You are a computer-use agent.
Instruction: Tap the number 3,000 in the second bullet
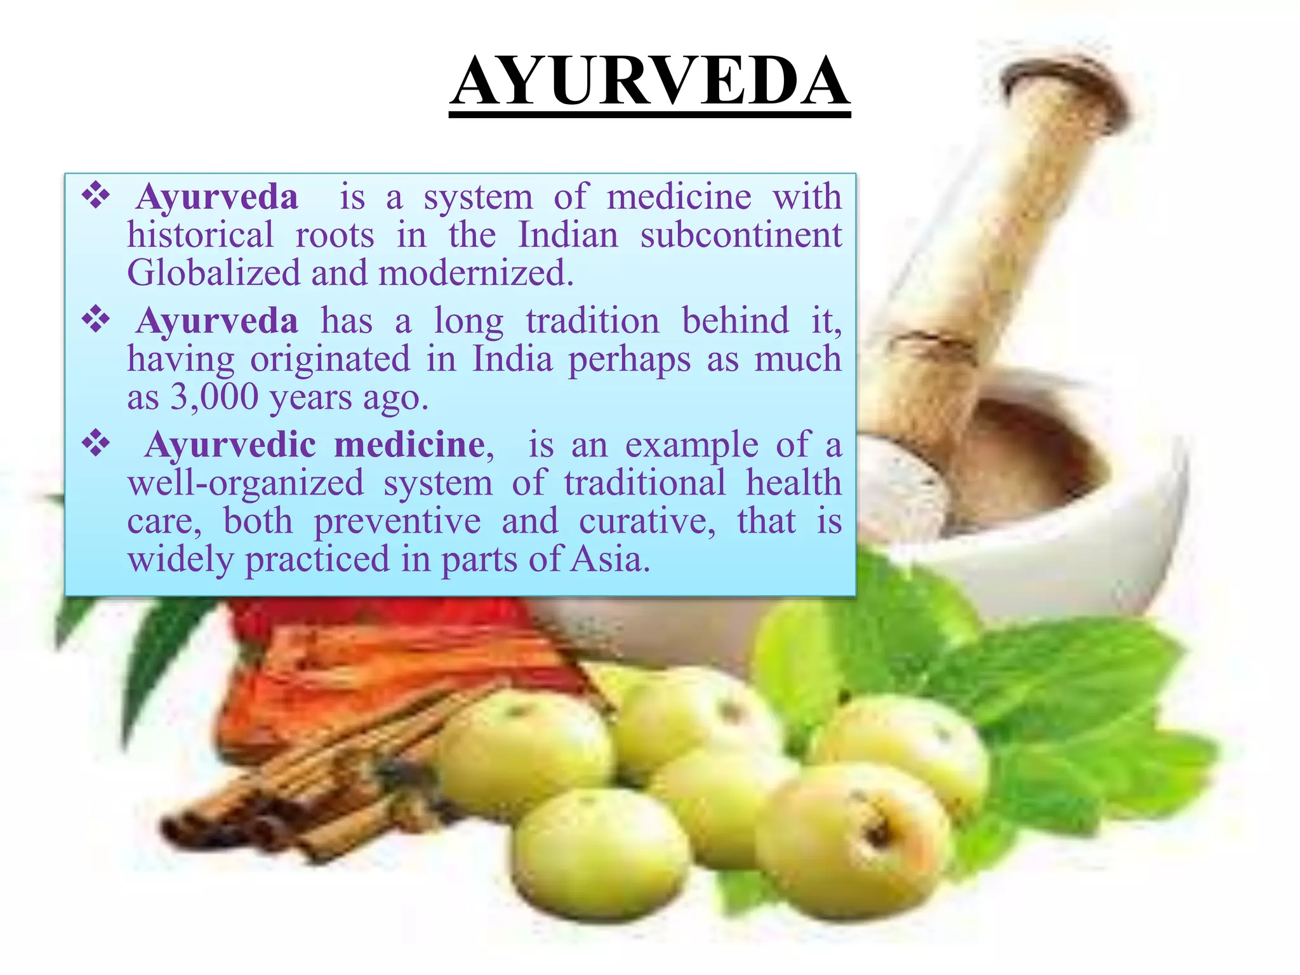[215, 398]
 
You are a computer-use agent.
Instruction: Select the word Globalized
[213, 274]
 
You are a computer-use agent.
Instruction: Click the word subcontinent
[741, 235]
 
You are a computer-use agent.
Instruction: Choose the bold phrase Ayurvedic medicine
[315, 445]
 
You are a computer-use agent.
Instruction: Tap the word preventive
[397, 522]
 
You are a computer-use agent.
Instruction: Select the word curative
[647, 522]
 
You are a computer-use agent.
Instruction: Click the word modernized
[476, 274]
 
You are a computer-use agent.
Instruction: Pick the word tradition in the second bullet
[593, 321]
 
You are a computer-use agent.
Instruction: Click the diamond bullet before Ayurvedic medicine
[96, 444]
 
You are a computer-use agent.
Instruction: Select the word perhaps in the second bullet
[629, 360]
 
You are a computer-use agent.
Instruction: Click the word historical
[201, 235]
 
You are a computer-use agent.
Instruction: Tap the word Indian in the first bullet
[568, 235]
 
